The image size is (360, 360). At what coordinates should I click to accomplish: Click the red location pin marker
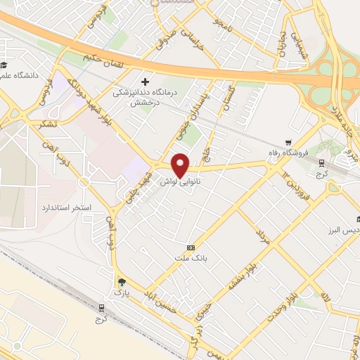point(181,165)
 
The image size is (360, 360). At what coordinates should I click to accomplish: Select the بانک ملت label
point(190,259)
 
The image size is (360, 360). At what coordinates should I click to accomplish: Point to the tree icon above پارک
point(123,281)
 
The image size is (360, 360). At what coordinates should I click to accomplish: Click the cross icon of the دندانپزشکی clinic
point(146,81)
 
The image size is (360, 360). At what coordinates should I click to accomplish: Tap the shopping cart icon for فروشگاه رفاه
point(289,142)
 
